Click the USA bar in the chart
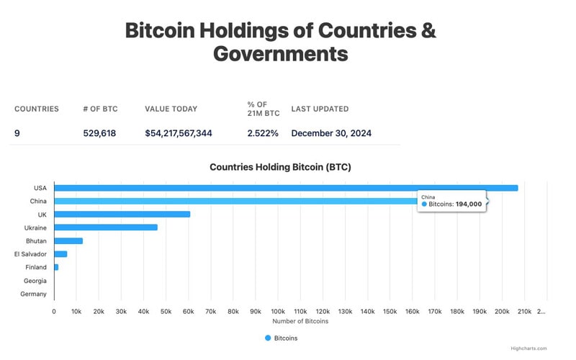[286, 188]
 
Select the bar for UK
[122, 214]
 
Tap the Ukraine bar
[105, 227]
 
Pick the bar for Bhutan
[68, 240]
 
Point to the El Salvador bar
[60, 253]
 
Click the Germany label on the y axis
[33, 294]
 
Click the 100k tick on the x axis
[278, 311]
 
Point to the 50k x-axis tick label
[166, 311]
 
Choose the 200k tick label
[502, 311]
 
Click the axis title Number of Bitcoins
[300, 321]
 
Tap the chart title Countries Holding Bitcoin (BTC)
[280, 167]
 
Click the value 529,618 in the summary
[99, 133]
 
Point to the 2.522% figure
[263, 133]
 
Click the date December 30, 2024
[331, 133]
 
